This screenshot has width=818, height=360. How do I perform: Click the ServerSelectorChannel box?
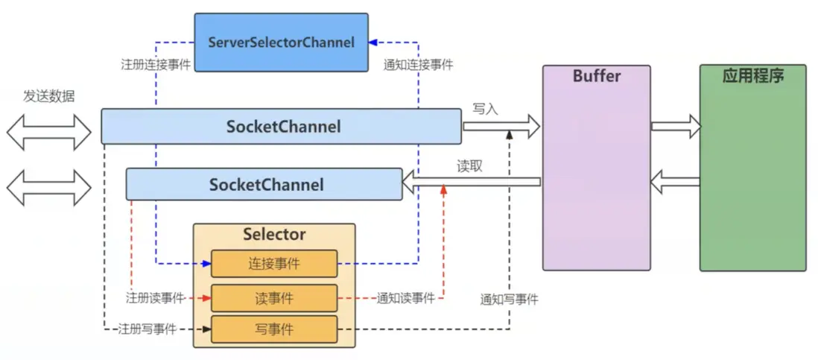tap(281, 42)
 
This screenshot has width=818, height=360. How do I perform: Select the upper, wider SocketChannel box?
tap(283, 127)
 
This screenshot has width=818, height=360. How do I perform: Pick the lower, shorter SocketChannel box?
tap(266, 184)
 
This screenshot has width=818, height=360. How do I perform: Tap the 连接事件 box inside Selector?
tap(273, 263)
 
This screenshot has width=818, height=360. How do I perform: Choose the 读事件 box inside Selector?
tap(273, 298)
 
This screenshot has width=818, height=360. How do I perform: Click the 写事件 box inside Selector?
tap(273, 329)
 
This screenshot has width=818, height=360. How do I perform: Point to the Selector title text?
tap(274, 234)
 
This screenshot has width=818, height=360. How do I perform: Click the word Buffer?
tap(596, 76)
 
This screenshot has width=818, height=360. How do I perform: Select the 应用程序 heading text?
tap(752, 76)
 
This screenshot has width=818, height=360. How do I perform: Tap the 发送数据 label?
tap(49, 96)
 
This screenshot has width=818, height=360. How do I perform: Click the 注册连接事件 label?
tap(156, 64)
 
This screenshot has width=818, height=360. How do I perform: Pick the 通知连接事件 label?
tap(418, 64)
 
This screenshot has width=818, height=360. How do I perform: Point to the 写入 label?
tap(485, 110)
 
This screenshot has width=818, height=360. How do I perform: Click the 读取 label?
tap(470, 166)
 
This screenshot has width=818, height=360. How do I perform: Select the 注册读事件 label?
tap(156, 298)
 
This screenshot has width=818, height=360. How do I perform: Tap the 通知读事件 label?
tap(405, 298)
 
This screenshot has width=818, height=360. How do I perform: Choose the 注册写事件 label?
tap(147, 329)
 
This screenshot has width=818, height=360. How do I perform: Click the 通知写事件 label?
tap(510, 300)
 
